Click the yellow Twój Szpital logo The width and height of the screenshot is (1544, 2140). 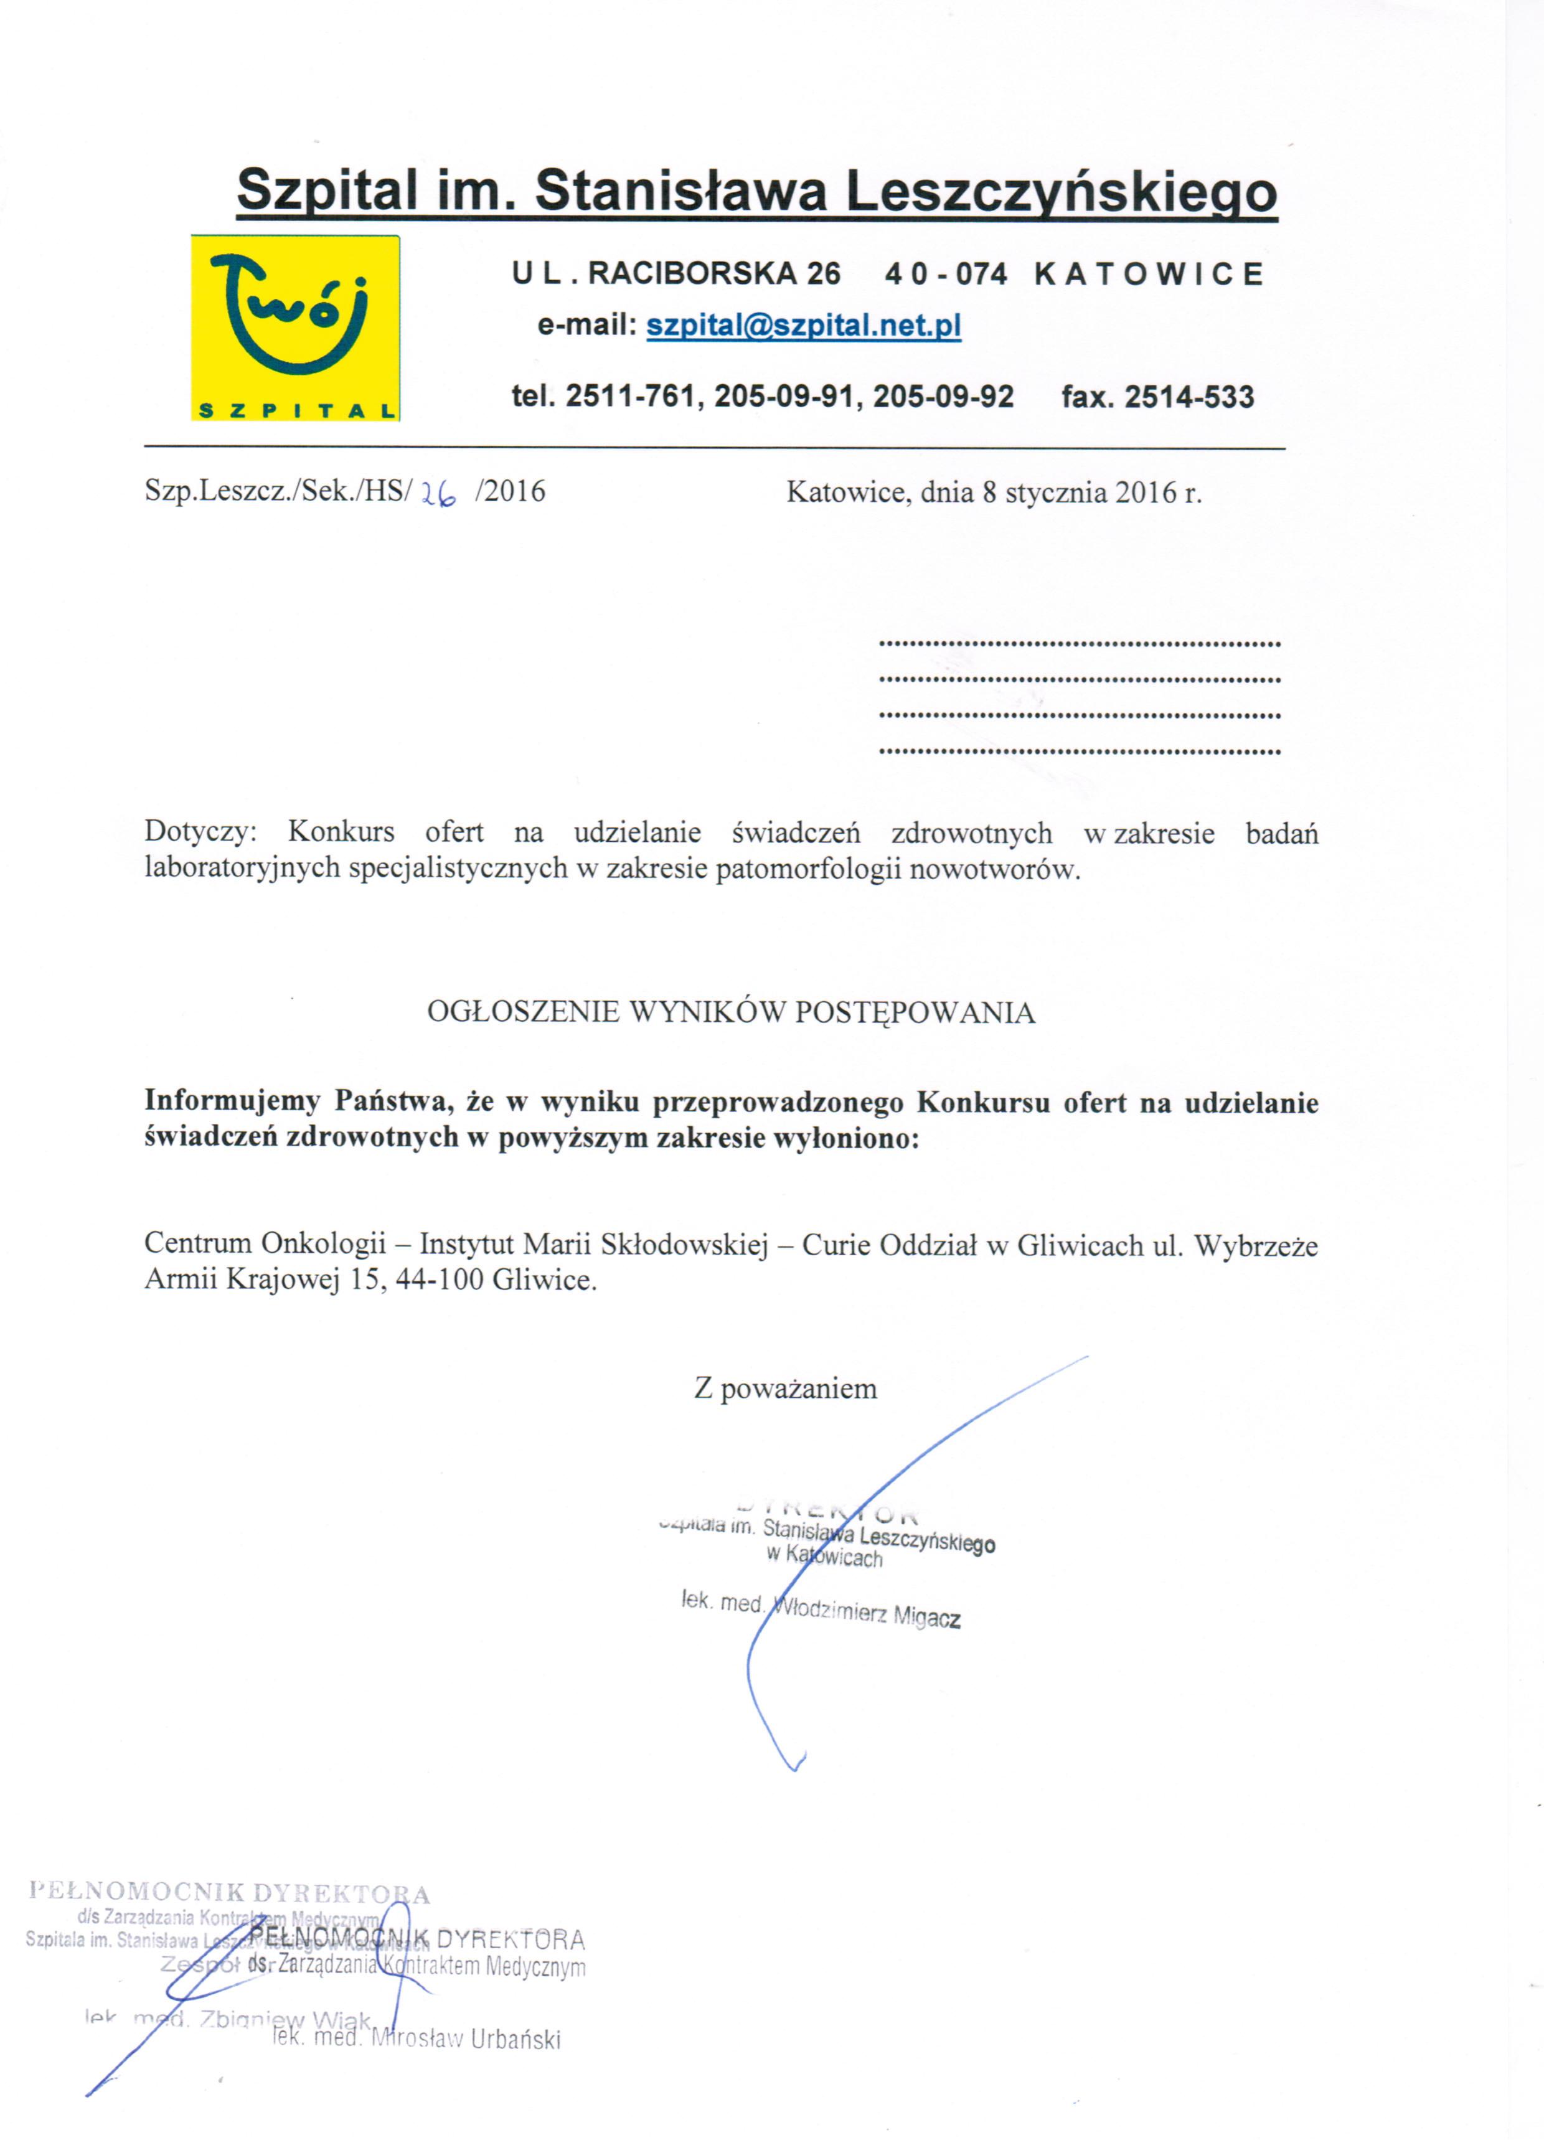(295, 326)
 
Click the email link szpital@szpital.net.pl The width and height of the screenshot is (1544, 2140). (803, 326)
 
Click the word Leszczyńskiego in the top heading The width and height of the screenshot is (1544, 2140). (1061, 192)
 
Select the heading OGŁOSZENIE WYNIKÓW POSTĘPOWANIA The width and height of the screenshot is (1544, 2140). (732, 1012)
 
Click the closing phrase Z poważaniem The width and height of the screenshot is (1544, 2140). (785, 1388)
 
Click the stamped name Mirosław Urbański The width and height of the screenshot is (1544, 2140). (467, 2039)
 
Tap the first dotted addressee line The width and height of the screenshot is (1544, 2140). (1080, 644)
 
